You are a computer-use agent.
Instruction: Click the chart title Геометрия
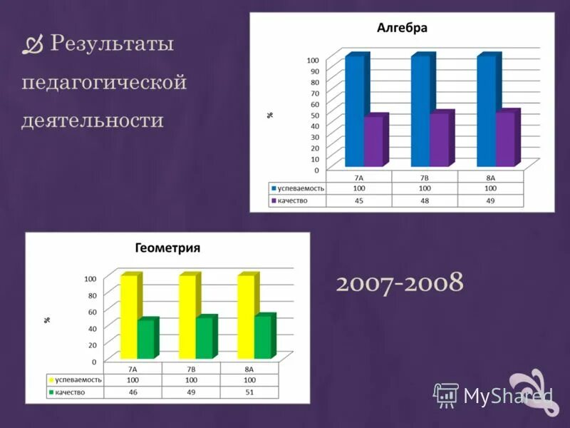click(167, 248)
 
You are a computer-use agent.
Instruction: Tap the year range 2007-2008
click(400, 282)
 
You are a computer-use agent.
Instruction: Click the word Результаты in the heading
click(113, 44)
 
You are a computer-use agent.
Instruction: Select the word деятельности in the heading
click(93, 119)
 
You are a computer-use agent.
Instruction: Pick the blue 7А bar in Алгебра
click(354, 111)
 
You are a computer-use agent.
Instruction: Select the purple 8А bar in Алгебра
click(505, 139)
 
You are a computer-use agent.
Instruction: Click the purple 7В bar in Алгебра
click(440, 139)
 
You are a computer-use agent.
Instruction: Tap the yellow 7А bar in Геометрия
click(129, 316)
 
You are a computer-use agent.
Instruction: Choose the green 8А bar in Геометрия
click(263, 337)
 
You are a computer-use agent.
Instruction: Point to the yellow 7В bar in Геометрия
click(187, 316)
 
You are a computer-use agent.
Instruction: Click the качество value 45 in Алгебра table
click(359, 201)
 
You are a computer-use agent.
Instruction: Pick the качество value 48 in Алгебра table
click(425, 201)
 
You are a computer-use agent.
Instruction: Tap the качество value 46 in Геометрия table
click(133, 392)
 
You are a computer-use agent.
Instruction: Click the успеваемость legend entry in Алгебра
click(298, 188)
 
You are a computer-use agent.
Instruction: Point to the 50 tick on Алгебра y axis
click(314, 115)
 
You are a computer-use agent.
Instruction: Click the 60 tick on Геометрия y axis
click(91, 311)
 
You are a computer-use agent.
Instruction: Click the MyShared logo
click(494, 394)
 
